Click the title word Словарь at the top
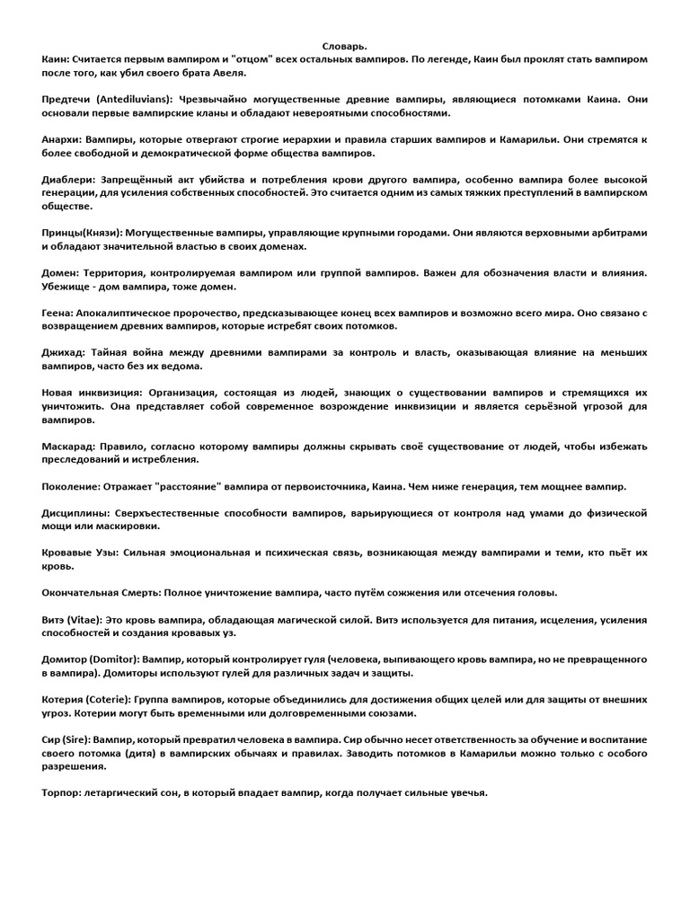click(345, 45)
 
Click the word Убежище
click(67, 287)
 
